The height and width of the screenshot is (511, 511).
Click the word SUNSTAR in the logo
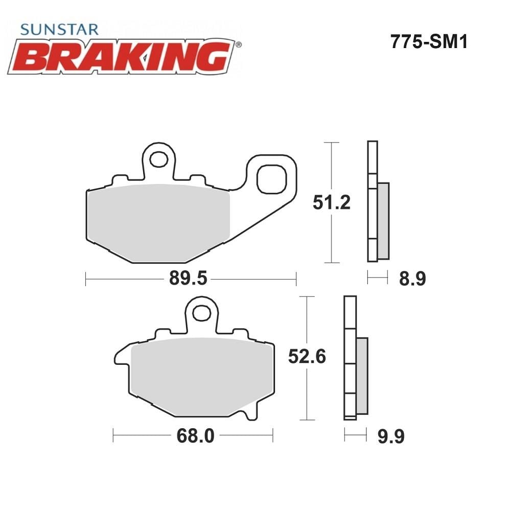tap(59, 29)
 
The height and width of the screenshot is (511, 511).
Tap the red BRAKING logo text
tap(121, 57)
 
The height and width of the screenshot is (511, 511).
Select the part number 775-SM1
tap(429, 42)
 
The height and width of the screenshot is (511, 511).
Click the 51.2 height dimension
tap(332, 202)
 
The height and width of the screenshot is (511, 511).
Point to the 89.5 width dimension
tap(188, 278)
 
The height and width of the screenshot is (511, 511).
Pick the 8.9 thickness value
tap(412, 279)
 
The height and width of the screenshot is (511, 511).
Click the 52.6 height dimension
tap(307, 356)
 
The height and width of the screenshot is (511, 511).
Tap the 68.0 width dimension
tap(196, 436)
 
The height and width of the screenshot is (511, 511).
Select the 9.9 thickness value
tap(391, 436)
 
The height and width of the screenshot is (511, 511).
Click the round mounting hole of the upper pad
tap(159, 159)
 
